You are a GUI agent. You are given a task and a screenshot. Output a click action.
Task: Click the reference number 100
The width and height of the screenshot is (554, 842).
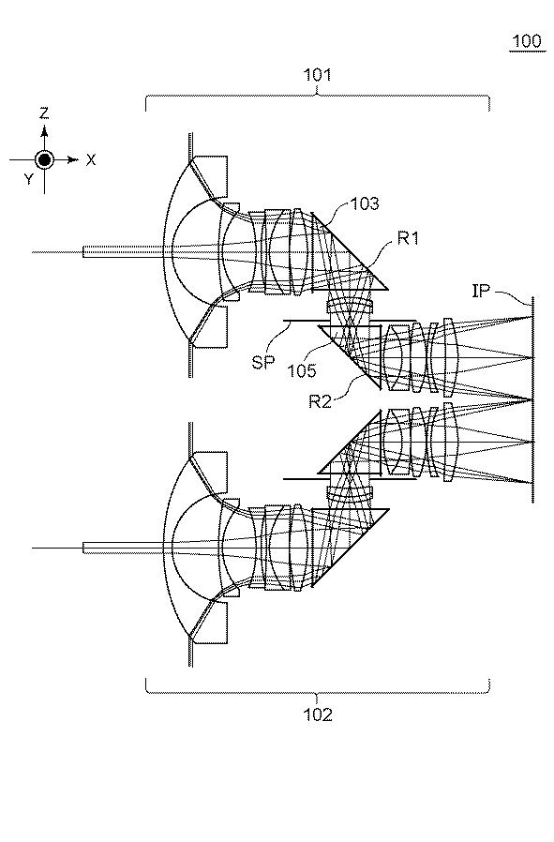[526, 41]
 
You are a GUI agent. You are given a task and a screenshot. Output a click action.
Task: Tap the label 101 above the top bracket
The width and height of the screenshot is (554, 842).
[317, 75]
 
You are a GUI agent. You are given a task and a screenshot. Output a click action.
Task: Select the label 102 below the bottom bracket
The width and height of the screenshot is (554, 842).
[318, 714]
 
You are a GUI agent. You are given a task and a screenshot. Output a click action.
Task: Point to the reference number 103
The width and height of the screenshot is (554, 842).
[365, 203]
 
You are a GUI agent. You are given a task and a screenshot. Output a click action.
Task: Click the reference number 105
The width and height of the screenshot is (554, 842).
[302, 370]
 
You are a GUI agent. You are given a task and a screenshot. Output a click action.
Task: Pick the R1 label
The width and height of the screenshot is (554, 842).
[408, 238]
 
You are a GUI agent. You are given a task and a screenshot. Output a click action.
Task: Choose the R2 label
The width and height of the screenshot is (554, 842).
[320, 401]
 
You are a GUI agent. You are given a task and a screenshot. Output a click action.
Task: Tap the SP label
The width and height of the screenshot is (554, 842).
[262, 363]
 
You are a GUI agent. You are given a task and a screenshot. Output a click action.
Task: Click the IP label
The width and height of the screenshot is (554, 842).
[481, 291]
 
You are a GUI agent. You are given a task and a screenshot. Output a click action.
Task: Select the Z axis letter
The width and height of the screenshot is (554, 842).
[44, 113]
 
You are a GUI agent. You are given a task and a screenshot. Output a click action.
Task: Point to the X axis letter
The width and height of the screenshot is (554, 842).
[91, 159]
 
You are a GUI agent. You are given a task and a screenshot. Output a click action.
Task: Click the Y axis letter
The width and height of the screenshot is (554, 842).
[28, 179]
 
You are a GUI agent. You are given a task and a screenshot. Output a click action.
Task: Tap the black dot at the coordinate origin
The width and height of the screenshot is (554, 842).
[44, 159]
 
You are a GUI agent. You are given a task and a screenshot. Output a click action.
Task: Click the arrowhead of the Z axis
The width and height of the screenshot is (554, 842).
[44, 130]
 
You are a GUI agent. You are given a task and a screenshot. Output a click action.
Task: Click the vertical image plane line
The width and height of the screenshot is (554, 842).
[532, 399]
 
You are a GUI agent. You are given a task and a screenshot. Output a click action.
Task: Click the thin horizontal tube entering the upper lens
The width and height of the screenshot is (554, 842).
[124, 251]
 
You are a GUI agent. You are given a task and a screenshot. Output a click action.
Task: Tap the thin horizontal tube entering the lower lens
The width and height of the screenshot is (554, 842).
[124, 548]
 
